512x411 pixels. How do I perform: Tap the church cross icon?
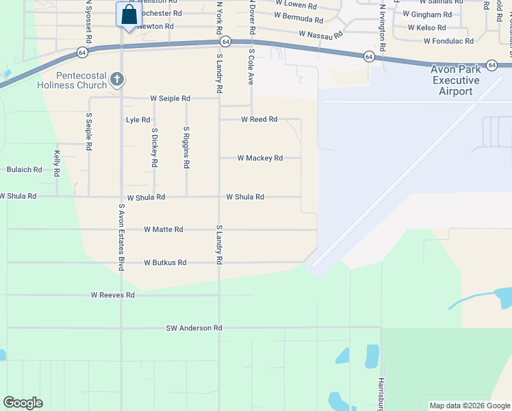point(117,79)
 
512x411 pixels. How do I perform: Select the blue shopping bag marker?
point(129,15)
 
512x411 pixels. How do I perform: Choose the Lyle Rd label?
point(138,120)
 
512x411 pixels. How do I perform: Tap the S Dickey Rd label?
point(155,148)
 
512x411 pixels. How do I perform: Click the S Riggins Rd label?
point(186,147)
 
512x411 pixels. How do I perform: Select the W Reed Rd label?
point(259,119)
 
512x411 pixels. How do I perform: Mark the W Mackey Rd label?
point(259,158)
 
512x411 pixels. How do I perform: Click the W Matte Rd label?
point(163,229)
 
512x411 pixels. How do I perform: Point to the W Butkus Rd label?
point(165,262)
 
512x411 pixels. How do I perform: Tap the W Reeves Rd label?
point(112,295)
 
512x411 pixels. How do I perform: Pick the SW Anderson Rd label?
point(194,328)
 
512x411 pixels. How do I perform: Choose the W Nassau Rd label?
point(320,34)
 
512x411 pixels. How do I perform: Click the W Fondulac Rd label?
point(448,41)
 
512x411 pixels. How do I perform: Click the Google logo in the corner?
point(23,403)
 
